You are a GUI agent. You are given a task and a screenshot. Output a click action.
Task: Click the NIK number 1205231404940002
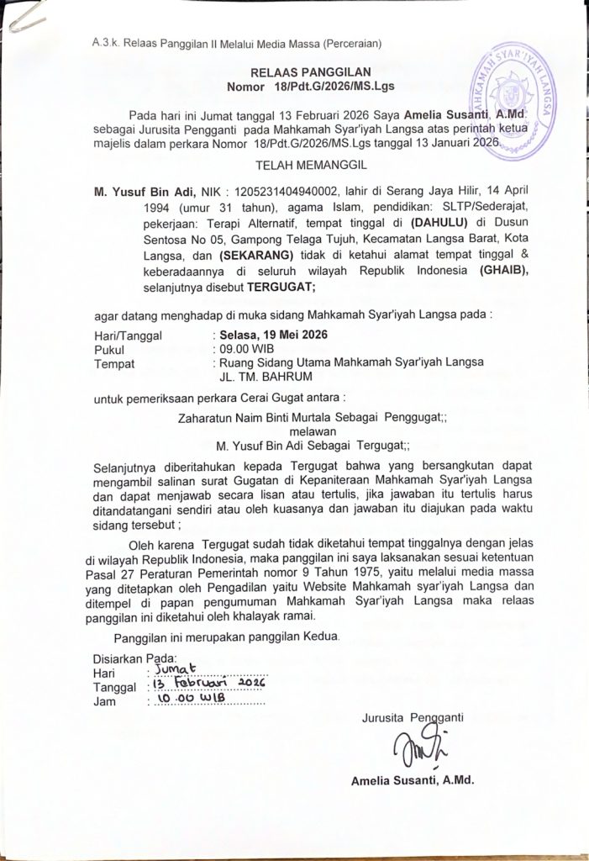point(279,191)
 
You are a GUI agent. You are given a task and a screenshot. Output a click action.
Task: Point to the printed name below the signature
point(413,780)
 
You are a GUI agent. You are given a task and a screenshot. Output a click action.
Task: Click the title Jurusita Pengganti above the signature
point(413,717)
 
